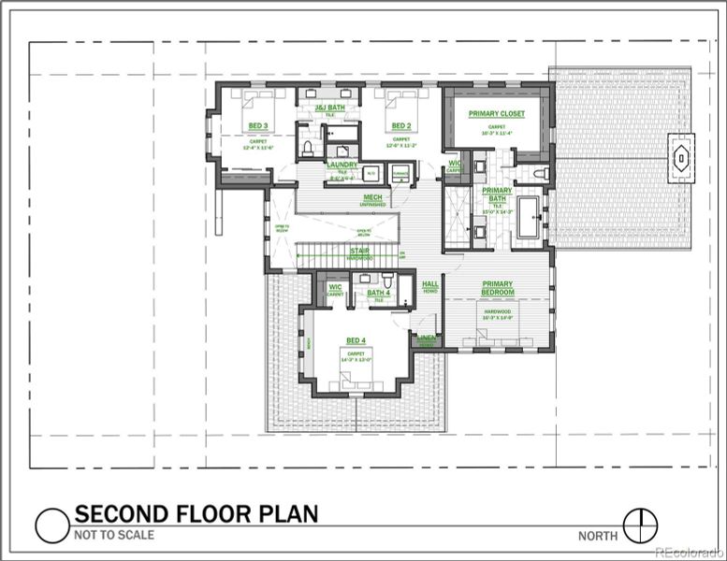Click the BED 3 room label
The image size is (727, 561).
coord(257,125)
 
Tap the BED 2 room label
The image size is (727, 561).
coord(400,125)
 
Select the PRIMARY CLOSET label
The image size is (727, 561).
coord(497,114)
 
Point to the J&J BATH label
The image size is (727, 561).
coord(329,108)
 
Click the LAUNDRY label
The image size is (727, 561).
coord(342,165)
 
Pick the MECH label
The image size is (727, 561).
coord(372,197)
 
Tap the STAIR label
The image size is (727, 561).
coord(359,251)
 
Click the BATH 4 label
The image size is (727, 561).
coord(378,293)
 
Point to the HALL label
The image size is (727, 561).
coord(430,283)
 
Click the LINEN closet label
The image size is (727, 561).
coord(427,338)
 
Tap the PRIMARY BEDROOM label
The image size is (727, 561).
coord(497,288)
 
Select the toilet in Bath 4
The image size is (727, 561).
coord(387,280)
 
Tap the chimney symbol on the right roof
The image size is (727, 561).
coord(682,158)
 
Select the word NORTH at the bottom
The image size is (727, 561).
coord(598,536)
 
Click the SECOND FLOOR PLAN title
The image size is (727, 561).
coord(196,513)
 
